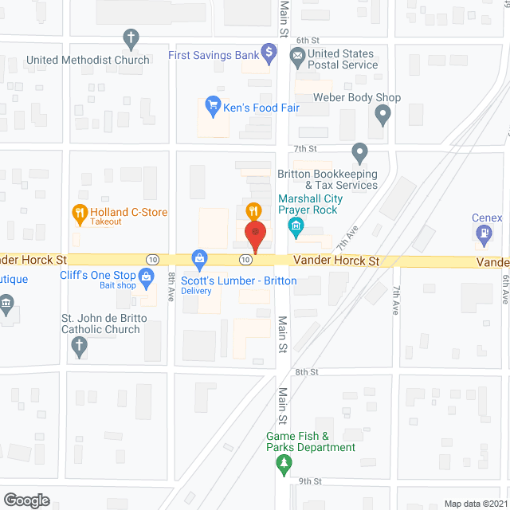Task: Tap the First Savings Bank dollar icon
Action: click(x=269, y=55)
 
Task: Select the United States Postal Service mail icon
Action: click(x=296, y=55)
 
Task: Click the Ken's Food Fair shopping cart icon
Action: click(x=213, y=104)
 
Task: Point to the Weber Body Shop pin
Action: click(x=382, y=116)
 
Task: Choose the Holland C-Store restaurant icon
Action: click(x=79, y=212)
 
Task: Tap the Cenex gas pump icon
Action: click(x=483, y=233)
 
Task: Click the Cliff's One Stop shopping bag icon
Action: click(x=147, y=277)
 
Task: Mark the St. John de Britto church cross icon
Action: click(x=78, y=345)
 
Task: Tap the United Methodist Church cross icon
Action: click(x=131, y=37)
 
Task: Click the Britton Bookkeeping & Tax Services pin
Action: click(x=359, y=151)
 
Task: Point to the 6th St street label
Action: click(x=307, y=40)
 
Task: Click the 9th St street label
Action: click(x=309, y=481)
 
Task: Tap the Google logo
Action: click(x=26, y=500)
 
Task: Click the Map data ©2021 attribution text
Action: click(x=476, y=504)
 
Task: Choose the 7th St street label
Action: click(x=305, y=148)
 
